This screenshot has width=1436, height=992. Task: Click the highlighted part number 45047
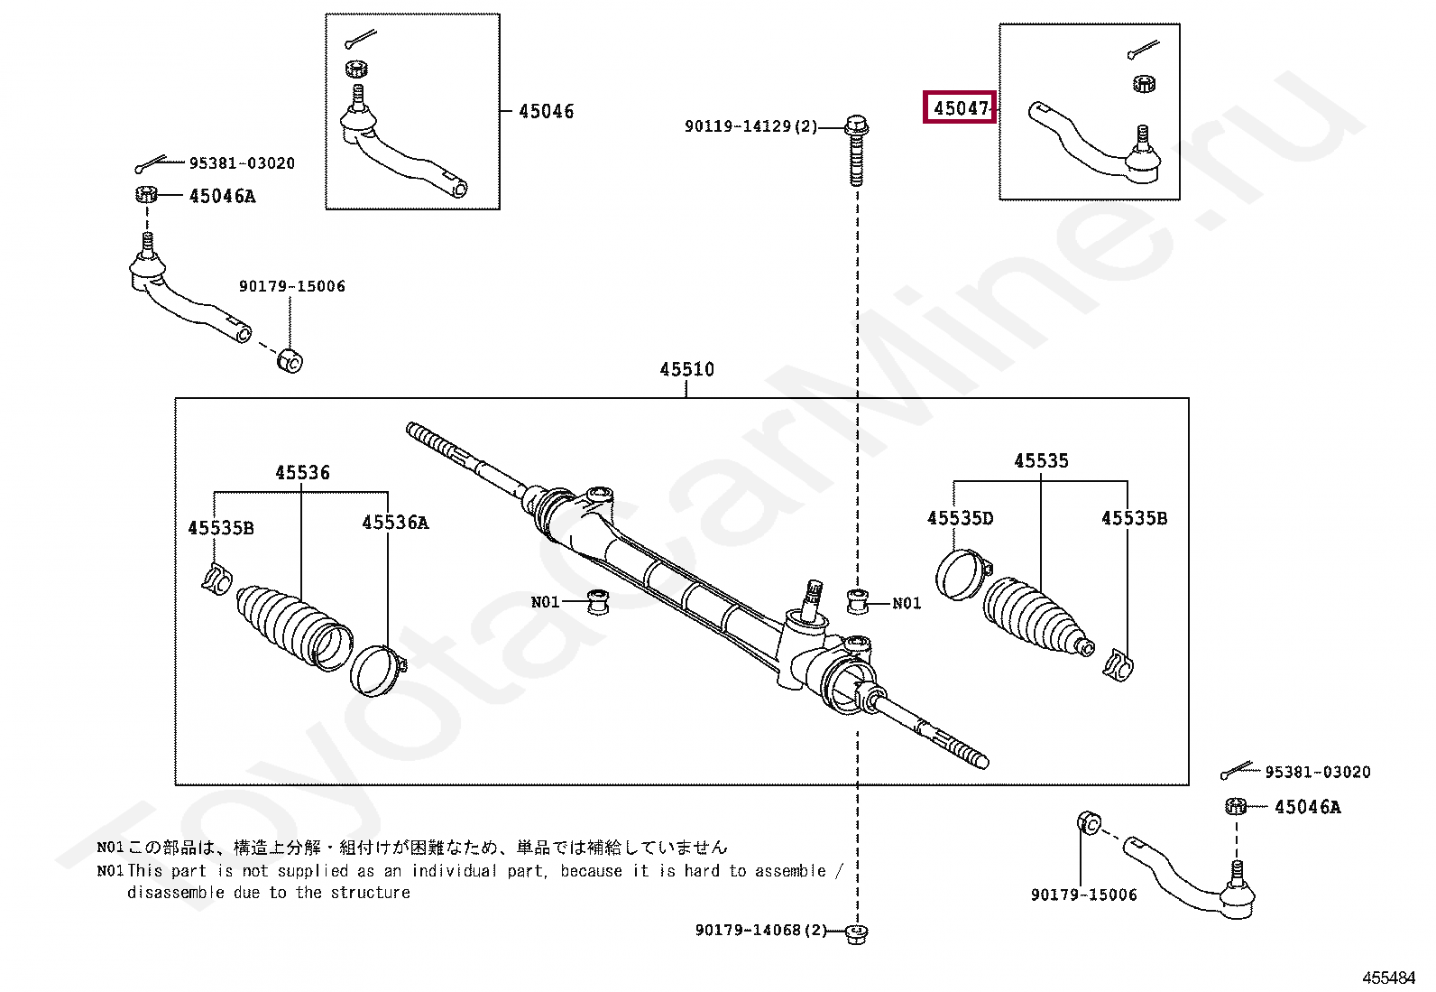point(960,108)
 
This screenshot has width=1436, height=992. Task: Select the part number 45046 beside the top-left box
point(546,111)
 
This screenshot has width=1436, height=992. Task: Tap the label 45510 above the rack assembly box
point(686,369)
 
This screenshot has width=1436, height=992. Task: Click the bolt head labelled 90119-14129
point(856,125)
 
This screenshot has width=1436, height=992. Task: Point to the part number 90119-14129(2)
point(750,126)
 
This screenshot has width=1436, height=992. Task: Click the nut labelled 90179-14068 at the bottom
point(858,932)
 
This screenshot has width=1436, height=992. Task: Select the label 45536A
point(395,523)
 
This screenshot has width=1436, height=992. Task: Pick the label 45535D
point(960,518)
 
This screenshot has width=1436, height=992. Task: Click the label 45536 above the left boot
point(302,473)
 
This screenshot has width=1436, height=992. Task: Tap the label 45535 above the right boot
point(1041,461)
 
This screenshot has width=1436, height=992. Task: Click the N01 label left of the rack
point(545,602)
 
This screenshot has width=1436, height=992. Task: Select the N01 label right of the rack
point(907,603)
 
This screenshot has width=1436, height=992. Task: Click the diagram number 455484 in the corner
point(1388,978)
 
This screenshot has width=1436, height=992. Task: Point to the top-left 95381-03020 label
point(242,163)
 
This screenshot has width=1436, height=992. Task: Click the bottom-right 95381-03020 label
point(1317,772)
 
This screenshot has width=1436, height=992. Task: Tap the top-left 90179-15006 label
point(291,286)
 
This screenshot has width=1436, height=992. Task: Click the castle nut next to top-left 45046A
point(147,194)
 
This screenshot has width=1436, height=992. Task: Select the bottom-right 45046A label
point(1307,807)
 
